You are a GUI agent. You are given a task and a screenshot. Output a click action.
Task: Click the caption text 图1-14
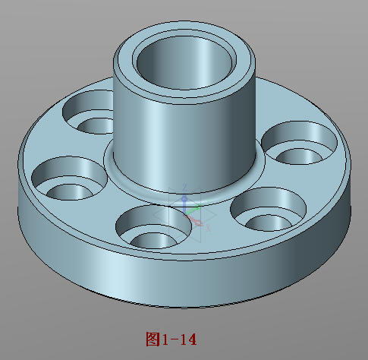point(171,337)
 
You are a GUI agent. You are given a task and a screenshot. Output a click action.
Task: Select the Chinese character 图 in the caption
point(152,337)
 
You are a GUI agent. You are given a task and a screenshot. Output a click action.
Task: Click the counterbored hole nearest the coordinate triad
point(154,226)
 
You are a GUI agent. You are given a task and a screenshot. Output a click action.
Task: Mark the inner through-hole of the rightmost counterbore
point(297,155)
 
